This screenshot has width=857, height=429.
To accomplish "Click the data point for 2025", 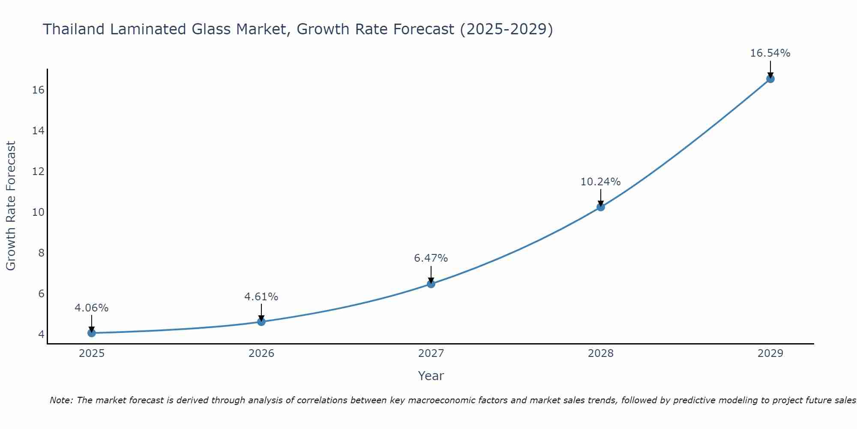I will tap(91, 333).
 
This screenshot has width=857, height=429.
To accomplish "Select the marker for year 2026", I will tap(261, 322).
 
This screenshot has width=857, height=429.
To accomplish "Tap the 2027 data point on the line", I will tap(431, 284).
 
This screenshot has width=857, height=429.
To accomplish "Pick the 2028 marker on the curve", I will tap(601, 207).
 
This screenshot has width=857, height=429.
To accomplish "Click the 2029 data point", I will tap(770, 79).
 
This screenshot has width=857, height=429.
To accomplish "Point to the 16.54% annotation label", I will tap(770, 53).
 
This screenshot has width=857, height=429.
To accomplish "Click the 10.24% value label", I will tap(600, 181).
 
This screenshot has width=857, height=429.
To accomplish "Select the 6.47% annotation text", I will tap(431, 258).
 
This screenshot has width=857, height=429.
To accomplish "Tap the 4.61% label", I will tap(261, 296).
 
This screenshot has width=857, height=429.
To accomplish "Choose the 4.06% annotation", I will tap(91, 308).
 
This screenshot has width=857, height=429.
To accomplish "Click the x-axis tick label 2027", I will tap(431, 353).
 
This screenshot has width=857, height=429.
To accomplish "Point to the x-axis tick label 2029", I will tap(770, 353).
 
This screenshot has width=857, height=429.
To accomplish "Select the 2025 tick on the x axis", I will tap(92, 353).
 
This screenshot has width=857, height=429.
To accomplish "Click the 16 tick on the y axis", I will tap(38, 90).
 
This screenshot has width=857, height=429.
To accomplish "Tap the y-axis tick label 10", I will tap(38, 212).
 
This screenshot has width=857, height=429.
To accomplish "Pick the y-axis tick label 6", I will tap(41, 293).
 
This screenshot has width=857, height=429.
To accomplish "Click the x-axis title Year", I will tap(431, 376).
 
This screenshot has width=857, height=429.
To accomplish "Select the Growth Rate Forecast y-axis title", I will tap(11, 206).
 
